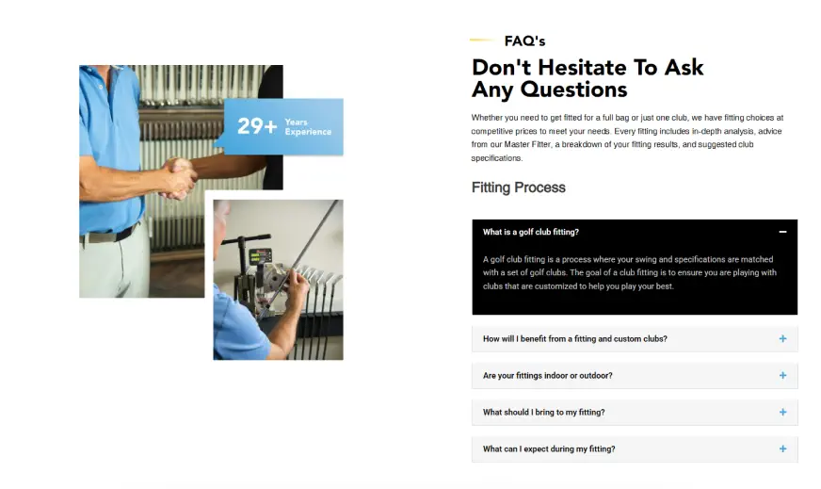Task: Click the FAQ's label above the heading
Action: [524, 41]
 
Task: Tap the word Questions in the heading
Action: [573, 90]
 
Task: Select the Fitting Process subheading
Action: [519, 187]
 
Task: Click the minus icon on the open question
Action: [782, 232]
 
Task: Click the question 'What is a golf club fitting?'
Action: [531, 232]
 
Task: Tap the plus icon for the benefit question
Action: [782, 338]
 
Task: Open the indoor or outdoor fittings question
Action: [548, 376]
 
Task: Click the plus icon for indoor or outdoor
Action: [782, 375]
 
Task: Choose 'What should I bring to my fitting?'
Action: [544, 413]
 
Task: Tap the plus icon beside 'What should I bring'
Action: [782, 412]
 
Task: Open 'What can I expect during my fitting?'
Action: [549, 449]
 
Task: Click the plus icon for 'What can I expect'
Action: [782, 448]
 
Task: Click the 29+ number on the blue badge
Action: [257, 126]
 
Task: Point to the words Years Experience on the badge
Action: [308, 127]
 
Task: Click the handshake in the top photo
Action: [179, 178]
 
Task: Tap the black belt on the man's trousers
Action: [109, 235]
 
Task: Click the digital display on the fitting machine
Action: [260, 256]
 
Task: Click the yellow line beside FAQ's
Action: [482, 40]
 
